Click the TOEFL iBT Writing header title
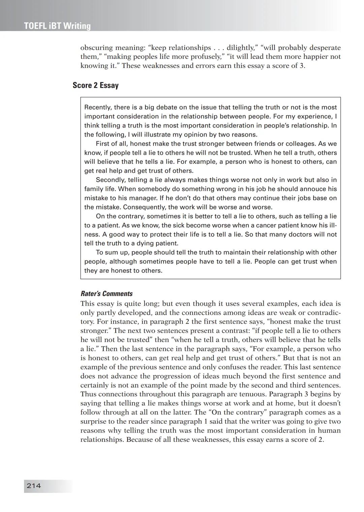click(57, 26)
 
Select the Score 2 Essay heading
click(95, 85)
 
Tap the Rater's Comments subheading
click(107, 294)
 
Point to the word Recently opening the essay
click(97, 107)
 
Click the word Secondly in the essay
click(110, 180)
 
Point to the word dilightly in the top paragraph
click(241, 48)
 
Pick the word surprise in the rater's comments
click(94, 422)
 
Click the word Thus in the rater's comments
click(88, 394)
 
